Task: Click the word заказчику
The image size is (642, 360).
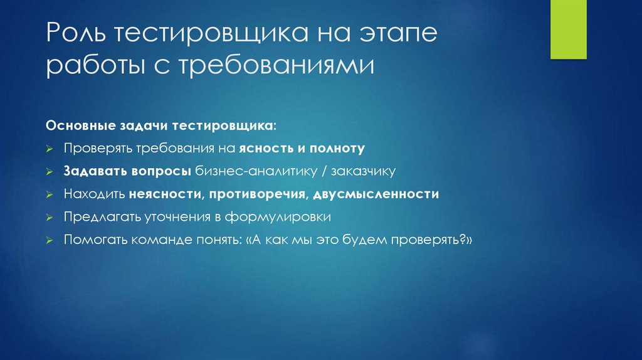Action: point(365,171)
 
